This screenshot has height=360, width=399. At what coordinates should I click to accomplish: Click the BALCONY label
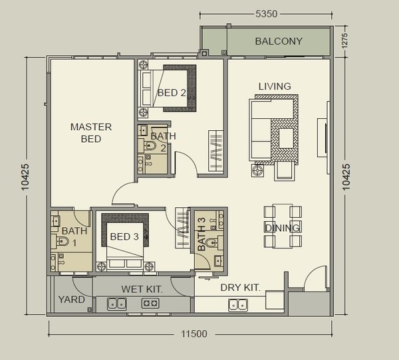[279, 41]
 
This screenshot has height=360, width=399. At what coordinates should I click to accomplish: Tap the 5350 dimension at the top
[267, 14]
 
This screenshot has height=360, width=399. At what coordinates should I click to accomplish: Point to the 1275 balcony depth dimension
[344, 41]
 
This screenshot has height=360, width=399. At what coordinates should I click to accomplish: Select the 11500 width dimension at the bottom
[194, 333]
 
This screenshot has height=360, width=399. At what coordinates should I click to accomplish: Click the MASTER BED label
[91, 133]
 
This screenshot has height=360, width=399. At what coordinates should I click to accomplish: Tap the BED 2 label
[172, 93]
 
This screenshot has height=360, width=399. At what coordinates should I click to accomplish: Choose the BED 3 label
[124, 236]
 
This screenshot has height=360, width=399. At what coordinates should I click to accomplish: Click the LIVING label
[275, 86]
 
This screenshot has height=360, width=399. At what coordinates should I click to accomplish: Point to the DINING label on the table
[282, 228]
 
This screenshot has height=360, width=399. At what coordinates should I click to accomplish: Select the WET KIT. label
[142, 289]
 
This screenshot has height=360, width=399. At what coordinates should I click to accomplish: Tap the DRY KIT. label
[241, 288]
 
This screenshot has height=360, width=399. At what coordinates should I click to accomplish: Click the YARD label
[72, 300]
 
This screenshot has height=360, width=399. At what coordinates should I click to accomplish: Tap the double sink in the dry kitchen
[238, 305]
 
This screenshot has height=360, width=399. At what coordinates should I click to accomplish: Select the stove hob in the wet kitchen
[150, 303]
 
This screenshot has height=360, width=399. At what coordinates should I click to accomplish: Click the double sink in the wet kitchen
[117, 304]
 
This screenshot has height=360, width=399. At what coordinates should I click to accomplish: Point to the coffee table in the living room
[286, 139]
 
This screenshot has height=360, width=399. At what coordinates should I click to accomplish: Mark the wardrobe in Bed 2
[215, 151]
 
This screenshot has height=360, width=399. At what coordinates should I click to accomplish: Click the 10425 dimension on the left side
[25, 177]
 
